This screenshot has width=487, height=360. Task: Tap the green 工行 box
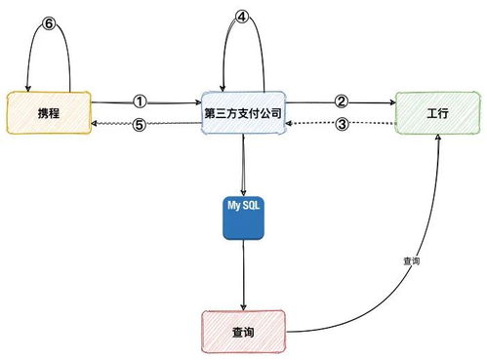pos(436,112)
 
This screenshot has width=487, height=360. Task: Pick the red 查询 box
pos(243,333)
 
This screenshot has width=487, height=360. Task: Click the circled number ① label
pos(140,100)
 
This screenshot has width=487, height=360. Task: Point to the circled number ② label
pos(341,100)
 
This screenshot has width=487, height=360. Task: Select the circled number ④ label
pos(243,18)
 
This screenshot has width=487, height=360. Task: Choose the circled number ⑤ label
pos(140,124)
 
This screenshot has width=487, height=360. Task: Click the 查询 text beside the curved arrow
pos(410,262)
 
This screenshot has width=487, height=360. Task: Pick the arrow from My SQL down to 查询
pos(243,278)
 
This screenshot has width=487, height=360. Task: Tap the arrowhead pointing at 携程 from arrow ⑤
pos(95,124)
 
